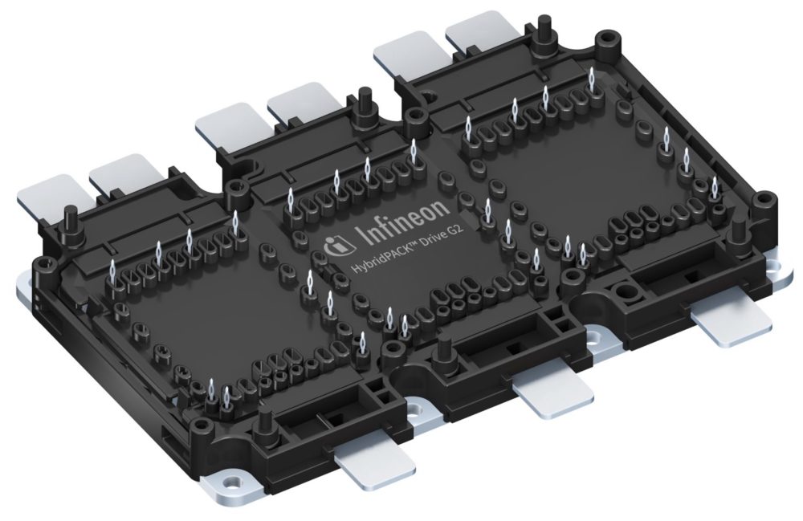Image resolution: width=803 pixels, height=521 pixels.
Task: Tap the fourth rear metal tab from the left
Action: click(296, 110)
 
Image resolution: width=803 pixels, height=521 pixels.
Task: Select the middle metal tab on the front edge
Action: click(553, 391)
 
